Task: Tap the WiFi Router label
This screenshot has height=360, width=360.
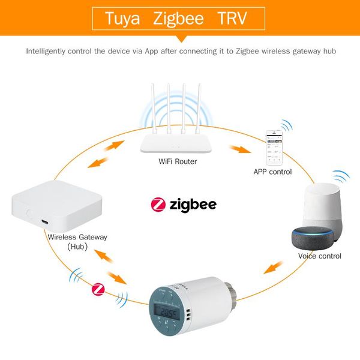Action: (178, 161)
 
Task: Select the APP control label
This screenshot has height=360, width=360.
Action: (272, 172)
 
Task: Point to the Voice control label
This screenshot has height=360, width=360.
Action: (320, 256)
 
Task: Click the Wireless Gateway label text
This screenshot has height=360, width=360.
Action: (77, 237)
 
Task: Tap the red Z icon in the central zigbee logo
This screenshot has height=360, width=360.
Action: (158, 205)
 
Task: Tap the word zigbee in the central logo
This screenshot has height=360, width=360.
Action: (193, 205)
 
